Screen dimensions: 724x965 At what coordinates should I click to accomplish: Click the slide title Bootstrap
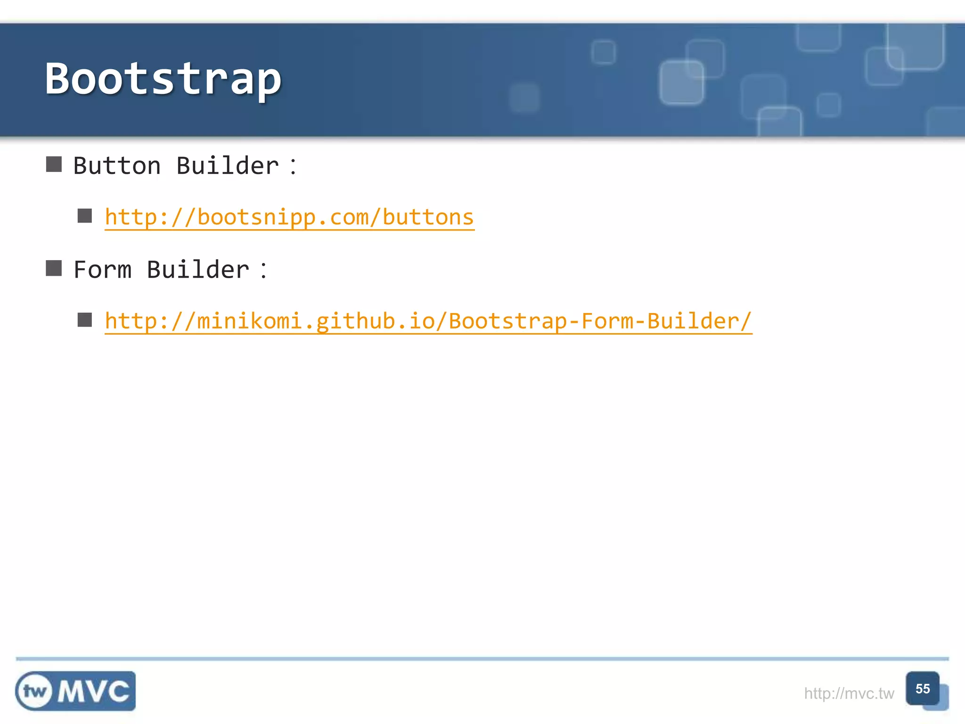point(163,79)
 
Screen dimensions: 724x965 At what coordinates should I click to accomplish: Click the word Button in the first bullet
point(117,166)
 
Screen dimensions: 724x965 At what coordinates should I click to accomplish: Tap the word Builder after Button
point(227,166)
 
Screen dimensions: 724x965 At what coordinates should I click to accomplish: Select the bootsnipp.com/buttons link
point(289,217)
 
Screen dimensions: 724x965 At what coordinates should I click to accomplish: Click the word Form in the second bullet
point(102,270)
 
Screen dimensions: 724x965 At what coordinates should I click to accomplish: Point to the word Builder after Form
point(198,270)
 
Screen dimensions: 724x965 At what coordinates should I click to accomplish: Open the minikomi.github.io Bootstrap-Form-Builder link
point(428,321)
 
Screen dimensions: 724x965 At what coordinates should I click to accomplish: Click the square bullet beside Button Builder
point(54,165)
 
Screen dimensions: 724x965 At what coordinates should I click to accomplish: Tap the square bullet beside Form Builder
point(54,268)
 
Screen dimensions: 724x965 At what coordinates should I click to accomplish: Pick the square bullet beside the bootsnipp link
point(85,216)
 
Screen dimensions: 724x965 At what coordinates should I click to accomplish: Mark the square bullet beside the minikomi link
point(85,320)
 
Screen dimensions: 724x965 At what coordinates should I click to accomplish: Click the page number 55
point(922,689)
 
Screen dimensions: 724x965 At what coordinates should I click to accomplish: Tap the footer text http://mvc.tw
point(849,693)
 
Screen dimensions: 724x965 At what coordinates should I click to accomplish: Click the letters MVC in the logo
point(94,691)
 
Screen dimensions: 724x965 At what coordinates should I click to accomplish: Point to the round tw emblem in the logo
point(34,691)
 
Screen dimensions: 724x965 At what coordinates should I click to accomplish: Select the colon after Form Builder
point(263,271)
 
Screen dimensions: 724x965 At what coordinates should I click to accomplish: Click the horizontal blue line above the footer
point(482,658)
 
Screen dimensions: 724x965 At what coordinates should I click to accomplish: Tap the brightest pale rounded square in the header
point(681,82)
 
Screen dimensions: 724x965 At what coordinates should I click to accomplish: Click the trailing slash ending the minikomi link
point(745,321)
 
